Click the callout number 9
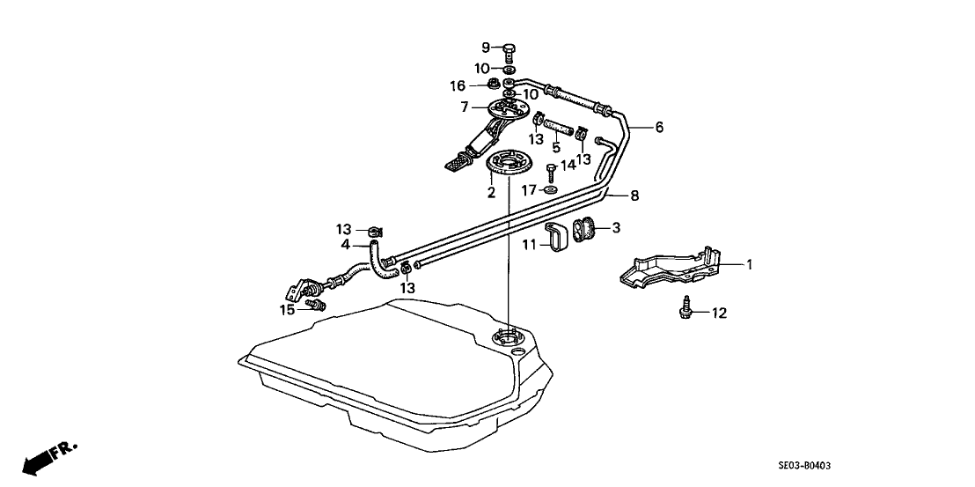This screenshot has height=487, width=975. pos(485,47)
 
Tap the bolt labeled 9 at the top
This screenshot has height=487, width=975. pos(509,50)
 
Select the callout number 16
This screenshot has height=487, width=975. pos(458,85)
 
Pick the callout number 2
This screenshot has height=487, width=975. pos(492,191)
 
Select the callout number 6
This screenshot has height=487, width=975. pos(659,127)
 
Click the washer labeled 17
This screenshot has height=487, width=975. pos(550,189)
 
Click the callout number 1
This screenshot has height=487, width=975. pos(750,263)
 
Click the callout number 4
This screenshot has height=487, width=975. pos(346,245)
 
